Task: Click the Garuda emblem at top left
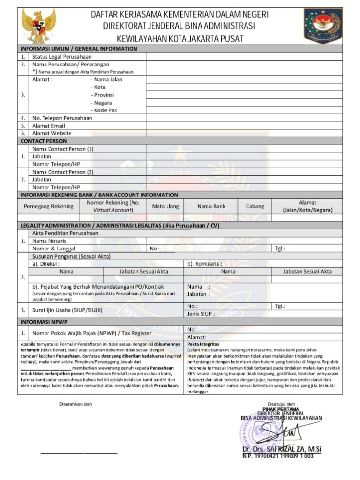(38, 25)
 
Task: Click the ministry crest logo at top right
(323, 25)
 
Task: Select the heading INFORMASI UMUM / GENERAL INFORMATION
(79, 49)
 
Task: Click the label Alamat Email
(48, 126)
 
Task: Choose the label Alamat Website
(52, 133)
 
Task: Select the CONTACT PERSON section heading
(44, 141)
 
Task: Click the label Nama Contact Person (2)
(63, 172)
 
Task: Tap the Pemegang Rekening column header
(49, 206)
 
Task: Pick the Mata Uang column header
(165, 206)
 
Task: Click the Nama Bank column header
(211, 206)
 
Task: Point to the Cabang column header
(255, 206)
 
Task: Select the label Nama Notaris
(50, 241)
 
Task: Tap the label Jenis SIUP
(201, 314)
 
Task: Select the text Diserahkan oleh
(75, 404)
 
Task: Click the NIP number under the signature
(277, 456)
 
